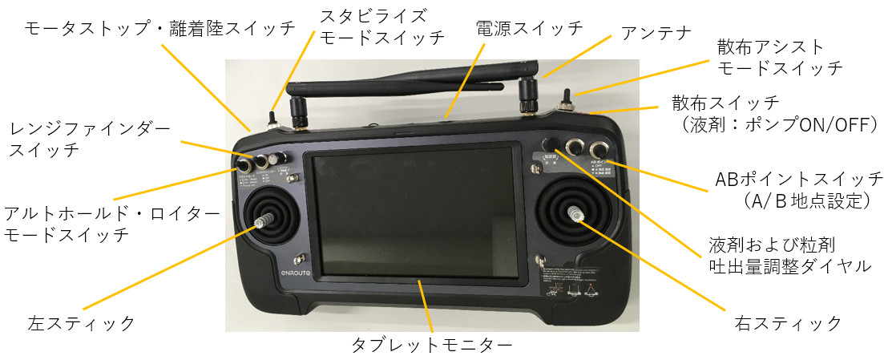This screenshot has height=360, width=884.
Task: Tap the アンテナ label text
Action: coord(656,33)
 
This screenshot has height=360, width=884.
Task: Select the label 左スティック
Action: coord(81,324)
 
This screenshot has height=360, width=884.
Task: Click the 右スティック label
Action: coord(788,323)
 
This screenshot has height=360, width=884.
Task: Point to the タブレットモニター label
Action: coord(431,346)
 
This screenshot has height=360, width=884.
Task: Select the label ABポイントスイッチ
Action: coord(798,178)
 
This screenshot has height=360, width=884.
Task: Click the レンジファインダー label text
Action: coord(90,127)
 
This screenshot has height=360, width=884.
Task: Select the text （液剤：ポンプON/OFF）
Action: coord(775,125)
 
